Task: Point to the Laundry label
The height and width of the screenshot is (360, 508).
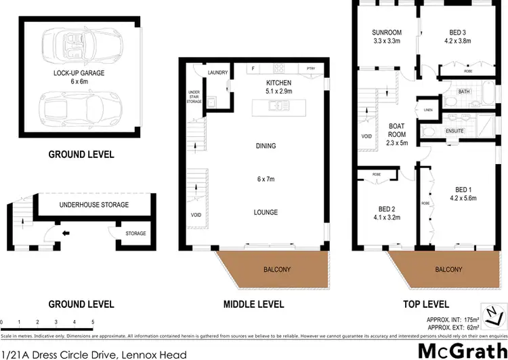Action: tap(217, 72)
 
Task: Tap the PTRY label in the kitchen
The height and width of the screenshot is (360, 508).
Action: tap(311, 68)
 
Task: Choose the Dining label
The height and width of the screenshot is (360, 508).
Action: tap(266, 146)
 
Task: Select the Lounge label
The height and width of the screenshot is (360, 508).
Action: tap(266, 212)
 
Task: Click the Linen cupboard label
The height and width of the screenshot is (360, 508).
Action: tap(428, 108)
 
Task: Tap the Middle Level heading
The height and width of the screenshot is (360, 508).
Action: tap(253, 304)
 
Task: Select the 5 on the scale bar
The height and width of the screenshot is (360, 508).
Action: tap(93, 323)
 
